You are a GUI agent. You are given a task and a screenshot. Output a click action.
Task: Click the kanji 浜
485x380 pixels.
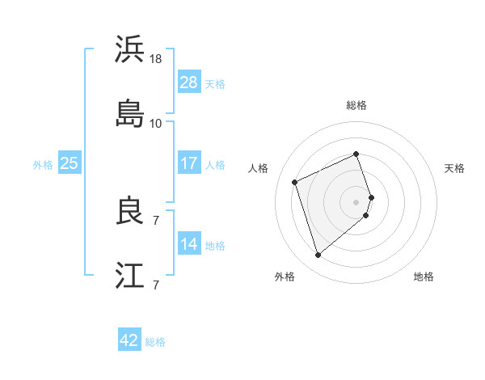(x=130, y=49)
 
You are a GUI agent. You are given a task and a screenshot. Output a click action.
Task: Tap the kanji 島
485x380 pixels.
(x=130, y=113)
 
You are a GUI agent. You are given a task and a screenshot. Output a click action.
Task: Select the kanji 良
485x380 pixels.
(x=130, y=212)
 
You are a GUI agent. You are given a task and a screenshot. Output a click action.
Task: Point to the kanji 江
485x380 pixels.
(x=130, y=275)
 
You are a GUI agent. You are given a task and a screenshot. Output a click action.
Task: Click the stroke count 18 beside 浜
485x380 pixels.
(x=156, y=59)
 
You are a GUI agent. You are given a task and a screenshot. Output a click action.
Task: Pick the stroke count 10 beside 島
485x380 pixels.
(x=156, y=123)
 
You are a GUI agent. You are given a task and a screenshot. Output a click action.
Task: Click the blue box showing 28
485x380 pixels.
(x=189, y=82)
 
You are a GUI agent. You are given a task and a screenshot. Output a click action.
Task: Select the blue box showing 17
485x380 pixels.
(x=189, y=163)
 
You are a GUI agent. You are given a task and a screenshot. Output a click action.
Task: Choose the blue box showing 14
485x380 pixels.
(x=189, y=244)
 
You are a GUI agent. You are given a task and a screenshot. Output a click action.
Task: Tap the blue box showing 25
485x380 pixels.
(x=70, y=163)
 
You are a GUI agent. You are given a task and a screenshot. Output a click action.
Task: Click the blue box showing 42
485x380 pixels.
(x=129, y=341)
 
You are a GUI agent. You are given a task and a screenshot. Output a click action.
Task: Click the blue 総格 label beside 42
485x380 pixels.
(x=155, y=342)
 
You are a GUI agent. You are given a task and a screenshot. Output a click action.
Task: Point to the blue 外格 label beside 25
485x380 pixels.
(x=43, y=164)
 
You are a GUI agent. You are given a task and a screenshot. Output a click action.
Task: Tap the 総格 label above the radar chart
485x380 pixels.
(x=356, y=105)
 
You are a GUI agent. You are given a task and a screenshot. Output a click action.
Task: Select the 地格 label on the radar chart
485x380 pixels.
(x=424, y=277)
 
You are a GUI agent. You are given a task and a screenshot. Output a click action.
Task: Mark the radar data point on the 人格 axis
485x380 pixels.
(x=296, y=181)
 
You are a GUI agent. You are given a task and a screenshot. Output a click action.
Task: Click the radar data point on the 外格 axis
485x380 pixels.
(x=318, y=255)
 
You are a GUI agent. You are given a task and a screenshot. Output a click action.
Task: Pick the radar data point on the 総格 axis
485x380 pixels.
(x=356, y=154)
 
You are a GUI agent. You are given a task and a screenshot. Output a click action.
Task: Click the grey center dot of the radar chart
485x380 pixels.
(x=356, y=201)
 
